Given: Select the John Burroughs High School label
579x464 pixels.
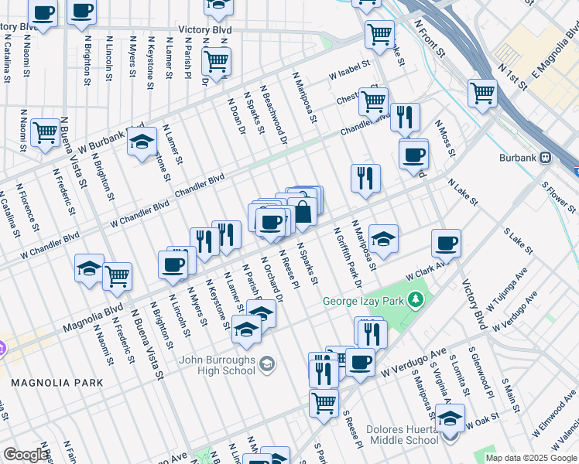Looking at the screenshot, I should coord(217,365).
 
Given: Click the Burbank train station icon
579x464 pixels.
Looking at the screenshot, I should coord(546,156).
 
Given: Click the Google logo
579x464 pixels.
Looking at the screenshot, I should coord(26,455).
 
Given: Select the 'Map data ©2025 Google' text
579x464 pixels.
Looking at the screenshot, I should coord(531,458).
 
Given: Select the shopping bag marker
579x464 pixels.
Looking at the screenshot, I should coord(302,211).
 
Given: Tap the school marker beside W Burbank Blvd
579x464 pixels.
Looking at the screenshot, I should coord(142,142).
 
